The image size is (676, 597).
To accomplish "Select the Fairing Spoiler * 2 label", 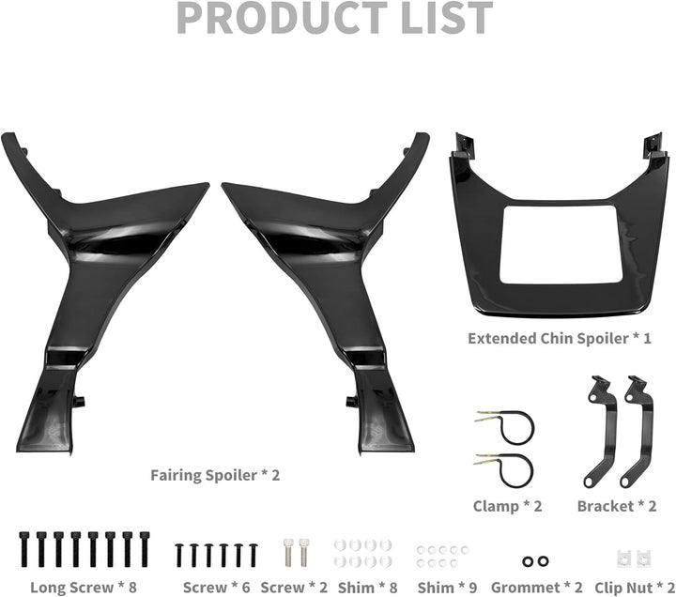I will tap(215, 475).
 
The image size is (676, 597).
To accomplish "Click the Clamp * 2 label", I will tap(508, 507).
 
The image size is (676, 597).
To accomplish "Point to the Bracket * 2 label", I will tap(617, 507).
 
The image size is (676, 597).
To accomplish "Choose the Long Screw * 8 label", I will tap(84, 587).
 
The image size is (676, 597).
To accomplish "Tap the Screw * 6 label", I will tap(216, 587).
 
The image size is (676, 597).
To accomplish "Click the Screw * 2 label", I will tap(295, 587).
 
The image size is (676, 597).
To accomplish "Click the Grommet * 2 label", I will tap(537, 587).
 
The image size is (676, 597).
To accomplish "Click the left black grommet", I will tap(529, 560).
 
